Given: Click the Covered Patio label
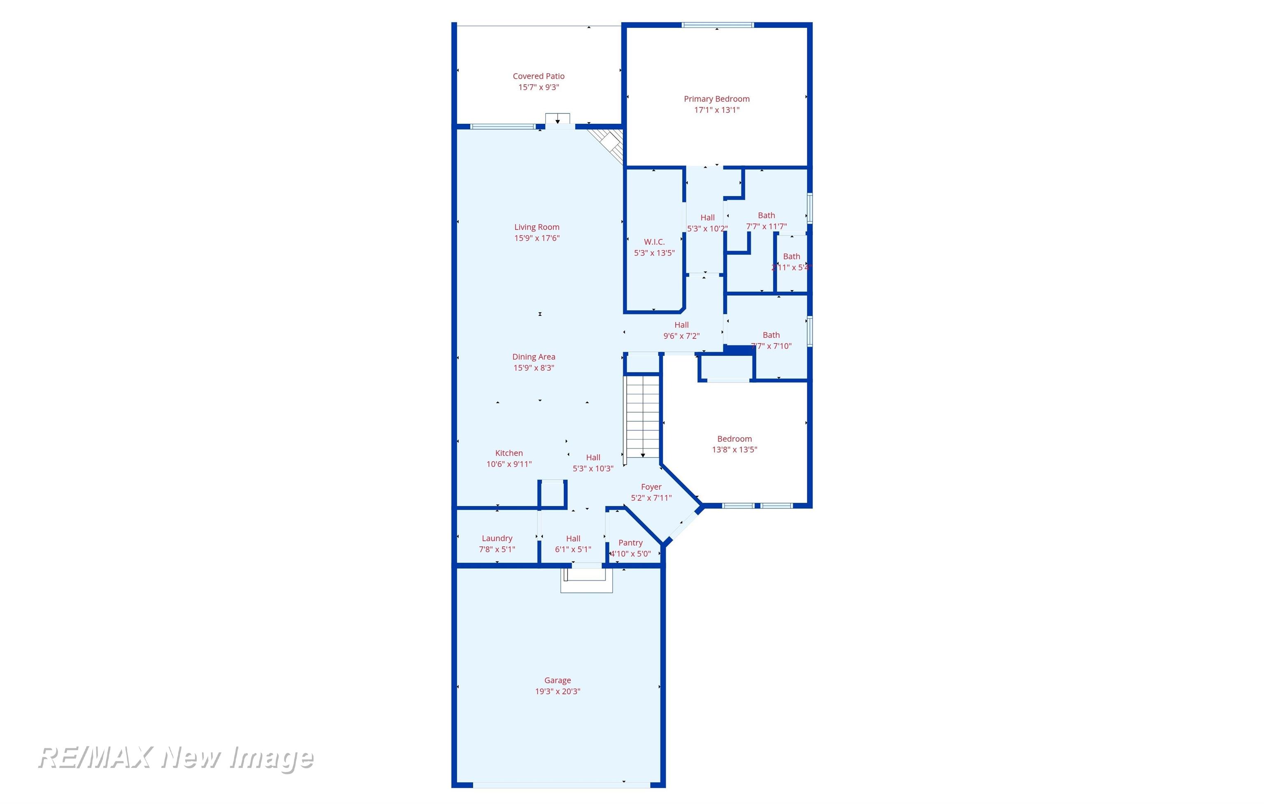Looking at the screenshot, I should (x=539, y=76).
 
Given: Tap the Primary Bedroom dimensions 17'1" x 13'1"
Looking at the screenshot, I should (x=716, y=110).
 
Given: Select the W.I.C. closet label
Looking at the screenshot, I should (x=654, y=242).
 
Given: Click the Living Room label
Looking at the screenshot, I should (x=537, y=227).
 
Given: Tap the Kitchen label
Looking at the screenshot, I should (x=509, y=453).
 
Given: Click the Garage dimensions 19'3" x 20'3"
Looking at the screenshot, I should (x=558, y=691).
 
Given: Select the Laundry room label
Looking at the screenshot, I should (x=497, y=538).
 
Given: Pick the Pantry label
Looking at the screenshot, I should (x=630, y=543).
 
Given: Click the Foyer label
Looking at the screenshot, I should (x=651, y=487).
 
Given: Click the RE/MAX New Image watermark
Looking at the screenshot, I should (x=176, y=758).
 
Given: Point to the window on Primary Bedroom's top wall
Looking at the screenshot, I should (x=718, y=25).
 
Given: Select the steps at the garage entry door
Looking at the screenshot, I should (x=586, y=580).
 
